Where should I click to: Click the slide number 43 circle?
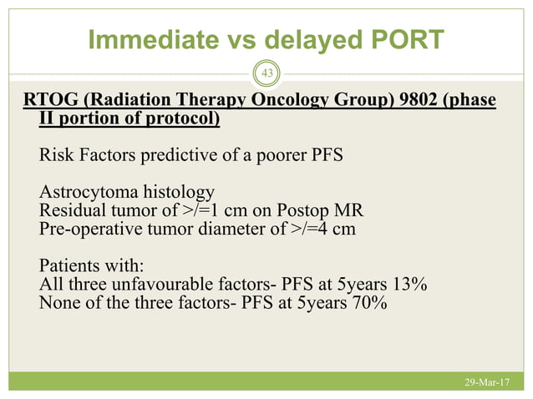pyautogui.click(x=267, y=74)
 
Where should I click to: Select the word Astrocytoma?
pyautogui.click(x=84, y=191)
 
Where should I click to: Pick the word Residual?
pyautogui.click(x=70, y=210)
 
